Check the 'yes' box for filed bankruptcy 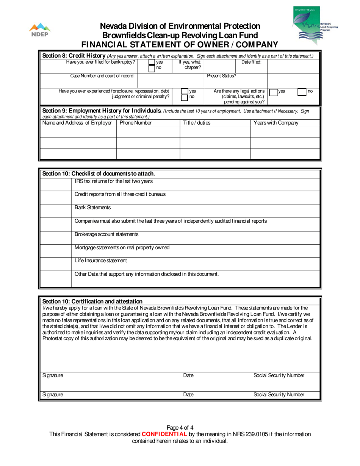[152, 62]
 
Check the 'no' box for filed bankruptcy [152, 68]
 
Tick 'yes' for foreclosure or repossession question [185, 91]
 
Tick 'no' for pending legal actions [302, 91]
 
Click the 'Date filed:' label [251, 62]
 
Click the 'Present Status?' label [221, 76]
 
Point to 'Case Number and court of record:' [102, 76]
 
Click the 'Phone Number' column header [136, 123]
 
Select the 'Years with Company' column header [276, 123]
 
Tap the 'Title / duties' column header [197, 123]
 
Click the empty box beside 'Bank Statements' [55, 211]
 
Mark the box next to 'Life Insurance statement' [55, 264]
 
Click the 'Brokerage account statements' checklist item [106, 235]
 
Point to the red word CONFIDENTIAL [164, 434]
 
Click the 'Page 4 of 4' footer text [180, 428]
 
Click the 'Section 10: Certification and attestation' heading [92, 301]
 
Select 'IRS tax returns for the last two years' [114, 181]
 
